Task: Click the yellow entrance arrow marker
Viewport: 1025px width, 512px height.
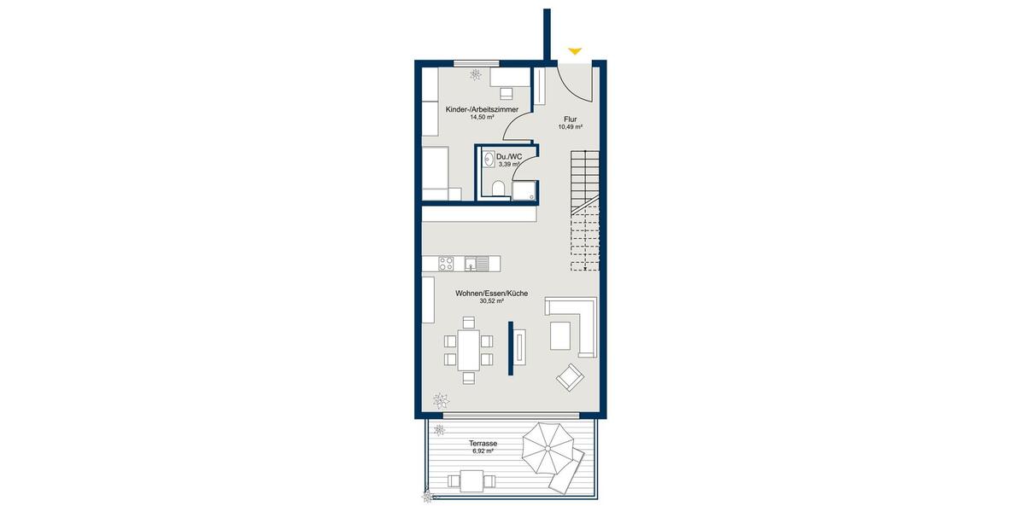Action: click(x=575, y=51)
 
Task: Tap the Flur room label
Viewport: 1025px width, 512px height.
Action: click(x=571, y=119)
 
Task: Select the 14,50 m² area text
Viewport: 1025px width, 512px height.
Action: click(x=482, y=118)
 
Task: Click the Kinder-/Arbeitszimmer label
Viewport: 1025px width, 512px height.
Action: click(x=482, y=110)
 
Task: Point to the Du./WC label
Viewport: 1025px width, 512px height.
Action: click(x=509, y=156)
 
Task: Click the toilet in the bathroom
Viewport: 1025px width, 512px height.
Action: click(x=497, y=187)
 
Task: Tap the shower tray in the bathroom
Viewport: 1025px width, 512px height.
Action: click(x=524, y=189)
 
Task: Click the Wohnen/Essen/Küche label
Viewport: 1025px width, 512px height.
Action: click(x=491, y=293)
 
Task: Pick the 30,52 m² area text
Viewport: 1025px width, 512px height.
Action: click(x=491, y=301)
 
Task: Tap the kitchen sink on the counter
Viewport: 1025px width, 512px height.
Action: click(x=480, y=263)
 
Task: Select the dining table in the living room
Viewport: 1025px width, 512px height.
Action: click(x=468, y=350)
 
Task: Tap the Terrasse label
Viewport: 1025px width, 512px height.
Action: click(x=483, y=445)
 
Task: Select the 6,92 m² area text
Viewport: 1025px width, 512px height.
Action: click(x=483, y=453)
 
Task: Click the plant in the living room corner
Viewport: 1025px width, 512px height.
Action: click(x=442, y=399)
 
